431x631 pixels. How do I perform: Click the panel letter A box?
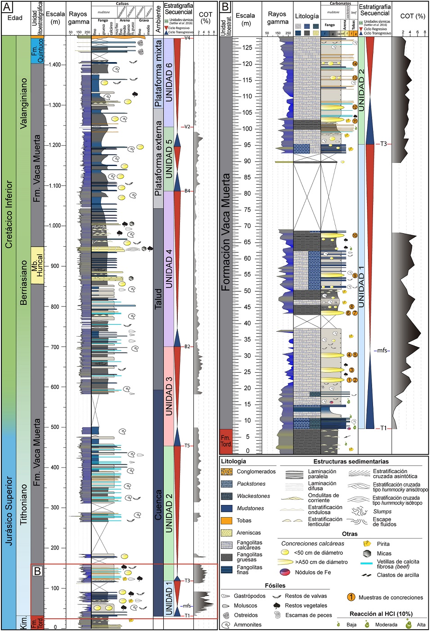click(7, 7)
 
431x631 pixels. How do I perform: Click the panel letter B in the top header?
click(225, 7)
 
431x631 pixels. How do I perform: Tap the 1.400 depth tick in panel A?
click(55, 65)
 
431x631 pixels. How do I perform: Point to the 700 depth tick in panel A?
click(55, 347)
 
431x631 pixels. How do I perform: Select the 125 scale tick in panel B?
click(247, 48)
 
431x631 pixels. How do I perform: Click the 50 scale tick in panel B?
click(247, 291)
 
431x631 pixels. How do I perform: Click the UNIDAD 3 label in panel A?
click(169, 396)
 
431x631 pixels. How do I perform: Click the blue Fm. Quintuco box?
click(37, 50)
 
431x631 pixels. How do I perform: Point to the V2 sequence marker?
click(187, 127)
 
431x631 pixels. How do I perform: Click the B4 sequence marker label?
click(187, 191)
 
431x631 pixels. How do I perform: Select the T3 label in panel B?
click(383, 144)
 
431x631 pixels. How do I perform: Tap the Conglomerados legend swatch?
click(227, 472)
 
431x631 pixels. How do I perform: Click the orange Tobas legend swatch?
click(227, 521)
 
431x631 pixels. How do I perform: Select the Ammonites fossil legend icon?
click(226, 625)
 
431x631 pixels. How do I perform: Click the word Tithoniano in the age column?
click(23, 504)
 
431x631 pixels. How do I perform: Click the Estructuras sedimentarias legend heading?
click(351, 461)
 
